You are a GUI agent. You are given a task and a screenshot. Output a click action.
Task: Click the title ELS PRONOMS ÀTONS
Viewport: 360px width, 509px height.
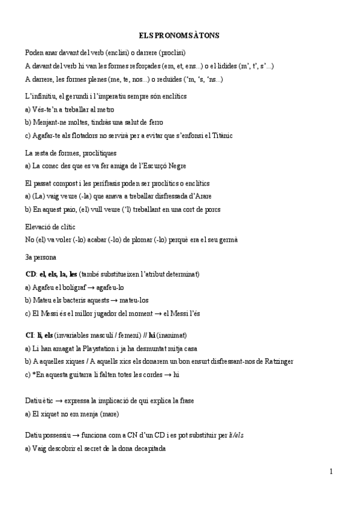coord(179,36)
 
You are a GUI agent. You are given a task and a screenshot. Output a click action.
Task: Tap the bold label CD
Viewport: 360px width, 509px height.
coord(31,274)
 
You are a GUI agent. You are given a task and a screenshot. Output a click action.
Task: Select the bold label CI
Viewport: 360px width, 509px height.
coord(30,335)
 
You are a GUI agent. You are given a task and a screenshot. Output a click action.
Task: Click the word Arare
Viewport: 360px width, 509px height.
coord(202,196)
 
